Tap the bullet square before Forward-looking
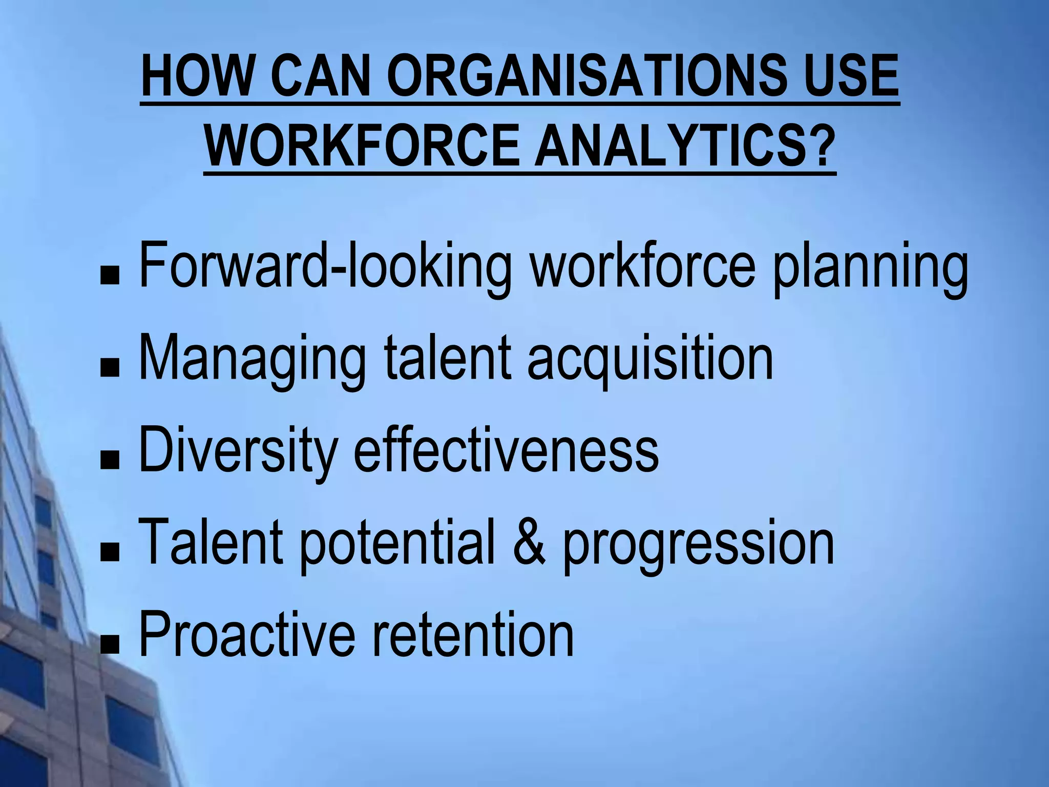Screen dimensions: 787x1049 [x=110, y=277]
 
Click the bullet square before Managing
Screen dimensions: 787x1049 [x=110, y=369]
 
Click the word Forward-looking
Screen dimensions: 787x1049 [x=325, y=266]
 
